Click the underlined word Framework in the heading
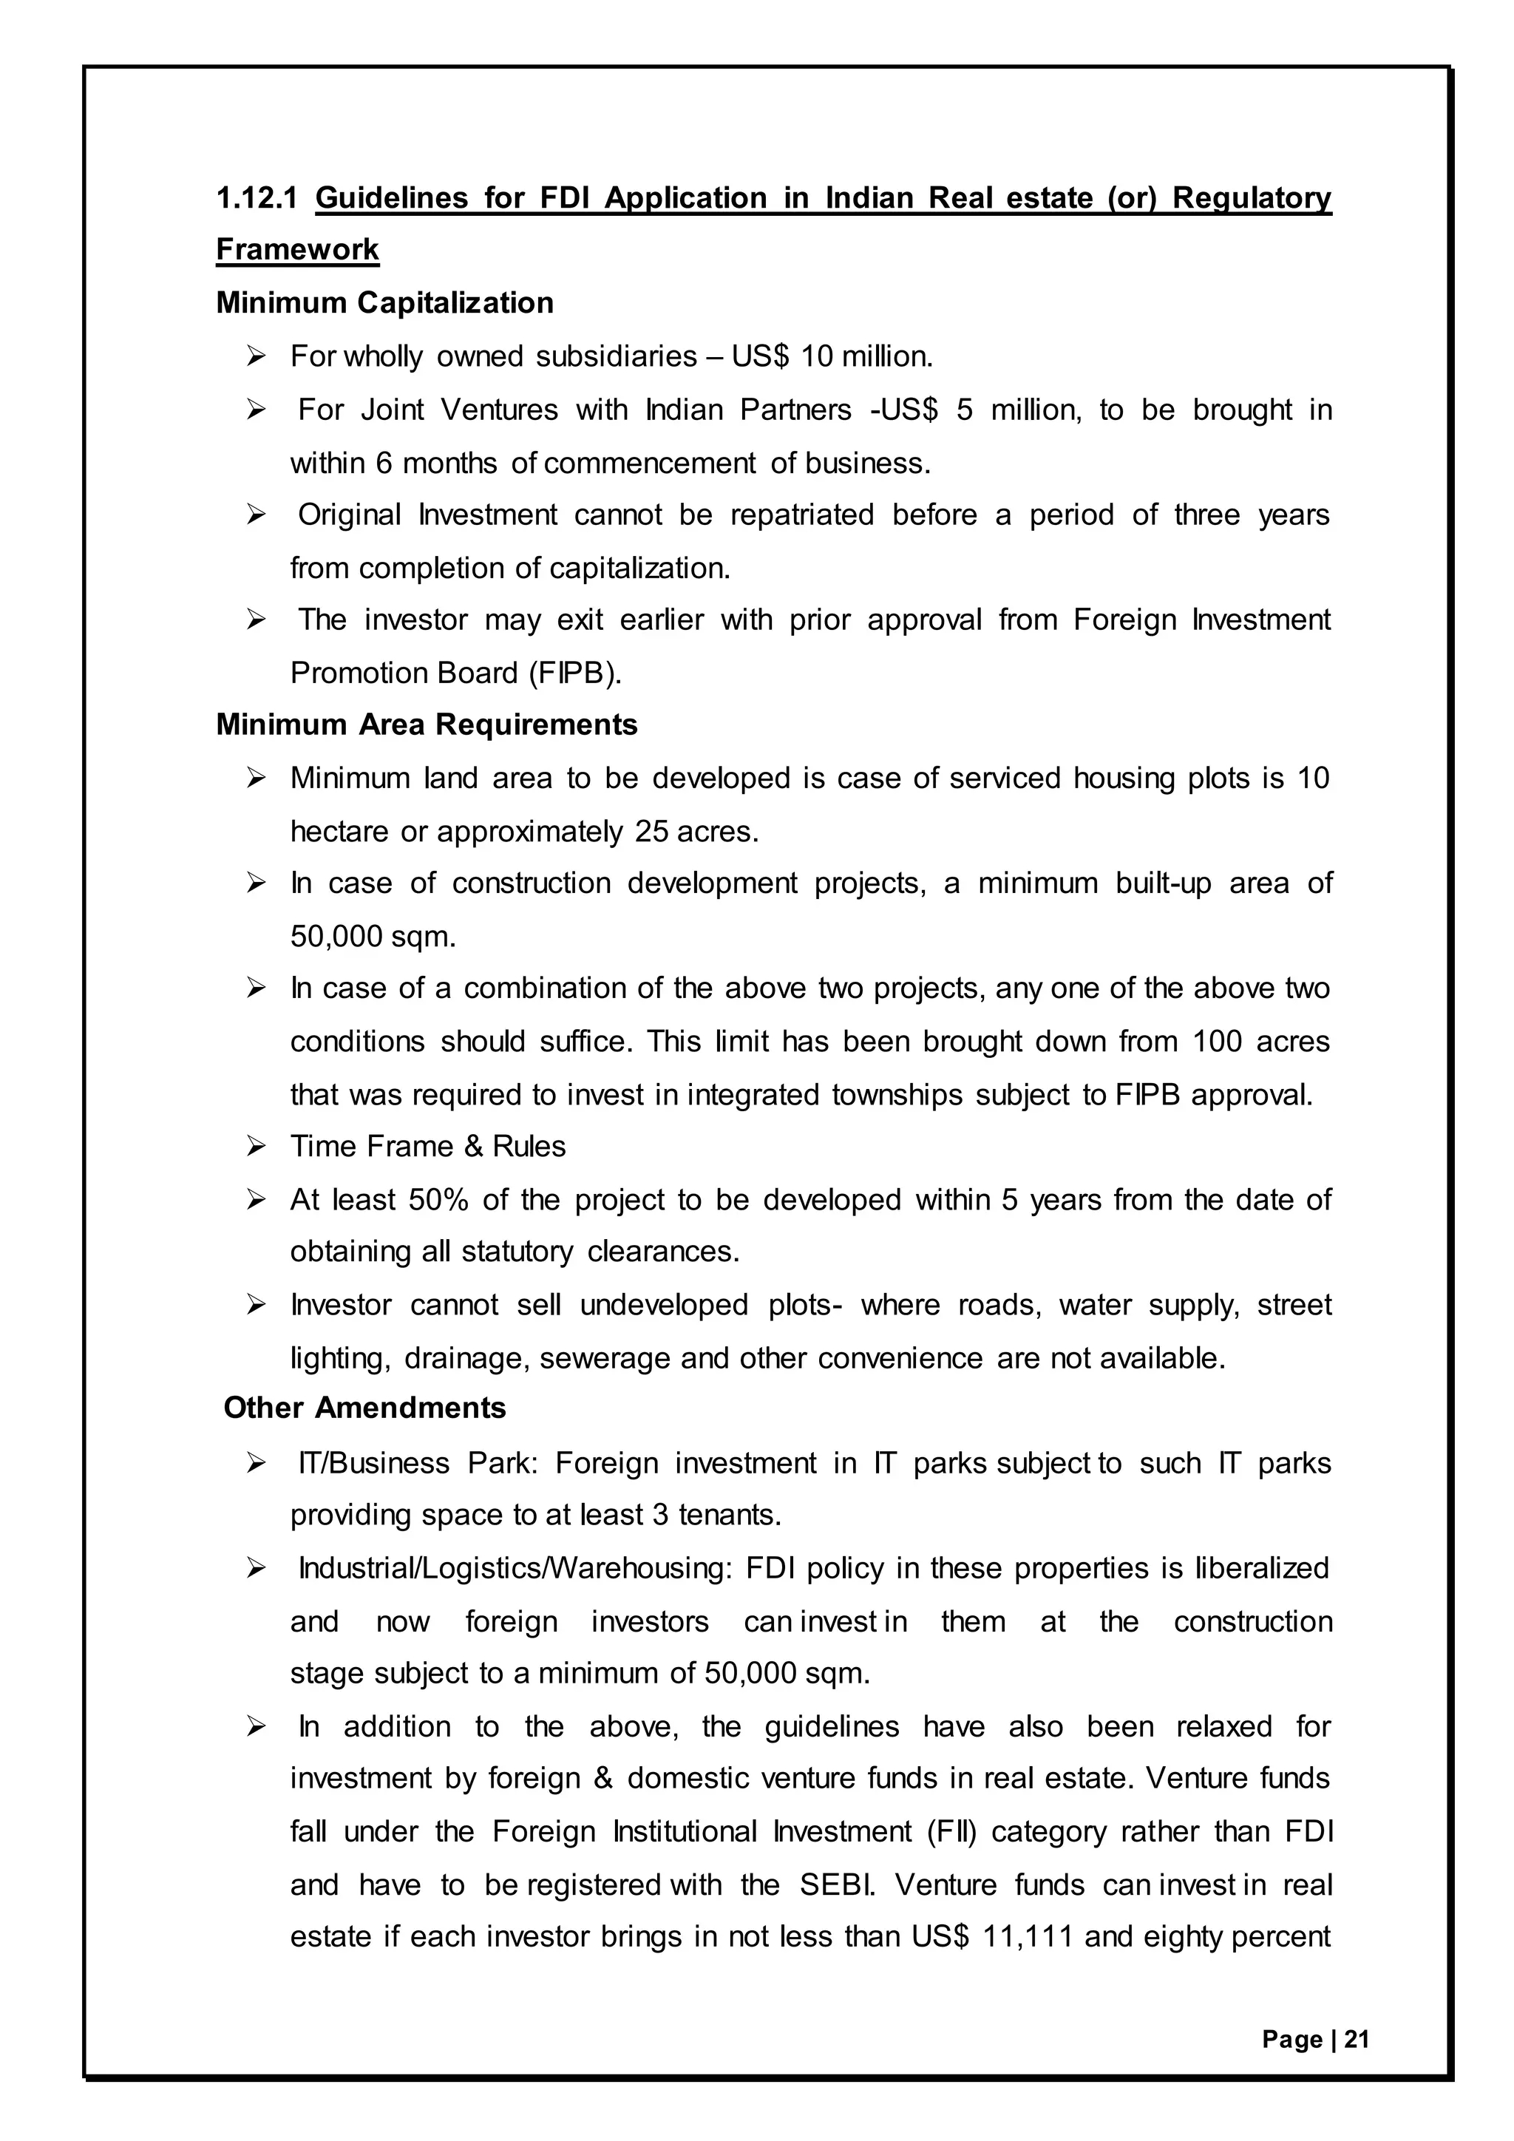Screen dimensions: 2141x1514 [x=297, y=250]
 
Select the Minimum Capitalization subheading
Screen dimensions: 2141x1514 [x=384, y=303]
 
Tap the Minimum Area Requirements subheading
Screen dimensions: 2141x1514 [x=426, y=725]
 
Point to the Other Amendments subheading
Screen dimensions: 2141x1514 [x=364, y=1408]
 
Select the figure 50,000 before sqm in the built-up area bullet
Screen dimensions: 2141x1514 [x=336, y=936]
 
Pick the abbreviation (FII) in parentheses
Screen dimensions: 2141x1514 [x=952, y=1831]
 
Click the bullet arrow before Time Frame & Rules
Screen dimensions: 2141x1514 [x=257, y=1147]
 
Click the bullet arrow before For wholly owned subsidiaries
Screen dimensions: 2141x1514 [x=257, y=356]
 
